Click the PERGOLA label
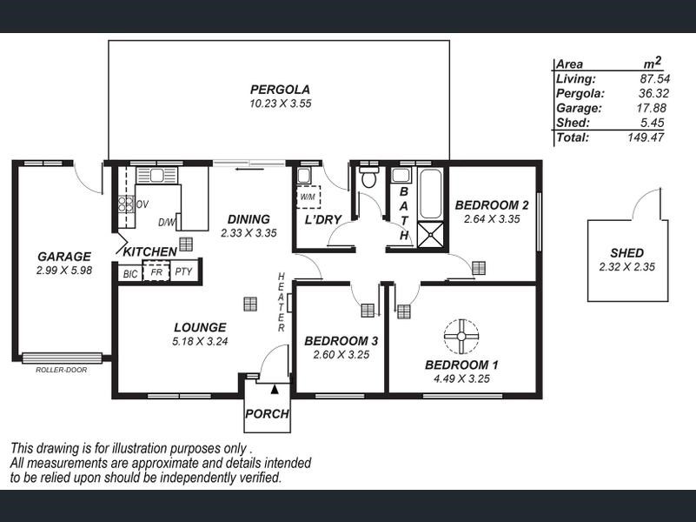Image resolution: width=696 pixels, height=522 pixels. [280, 89]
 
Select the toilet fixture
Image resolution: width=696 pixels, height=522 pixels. [368, 178]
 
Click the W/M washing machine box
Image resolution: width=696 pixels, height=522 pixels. [308, 197]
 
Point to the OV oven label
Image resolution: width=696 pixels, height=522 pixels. [142, 204]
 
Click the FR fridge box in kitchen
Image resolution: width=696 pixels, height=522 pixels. [156, 272]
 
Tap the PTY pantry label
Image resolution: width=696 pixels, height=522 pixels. [183, 272]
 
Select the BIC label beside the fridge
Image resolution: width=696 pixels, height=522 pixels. [130, 273]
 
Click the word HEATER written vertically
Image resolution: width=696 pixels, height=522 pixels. [282, 302]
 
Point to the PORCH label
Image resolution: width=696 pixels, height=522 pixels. [267, 414]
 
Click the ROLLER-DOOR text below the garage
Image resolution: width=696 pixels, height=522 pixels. [61, 370]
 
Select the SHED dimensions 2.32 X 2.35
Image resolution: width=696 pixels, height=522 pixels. [627, 266]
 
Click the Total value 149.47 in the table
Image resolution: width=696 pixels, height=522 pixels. [646, 137]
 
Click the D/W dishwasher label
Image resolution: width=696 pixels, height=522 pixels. [167, 222]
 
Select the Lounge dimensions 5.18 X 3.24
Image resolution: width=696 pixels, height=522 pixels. [200, 341]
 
